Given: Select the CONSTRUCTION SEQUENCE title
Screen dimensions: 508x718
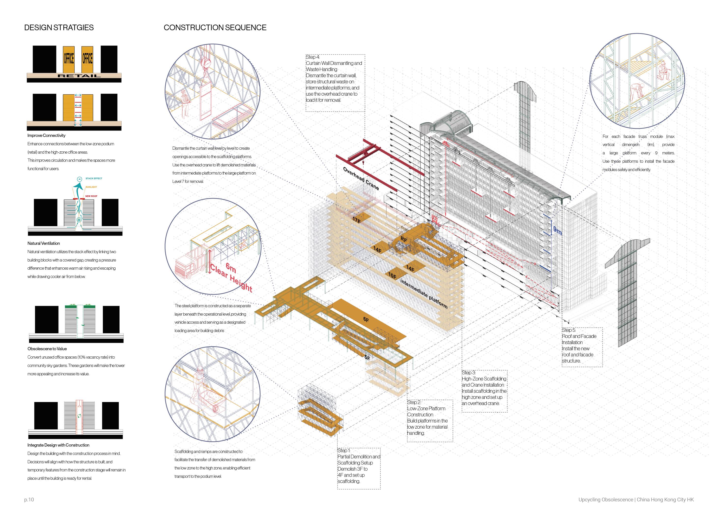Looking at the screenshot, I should pyautogui.click(x=215, y=28).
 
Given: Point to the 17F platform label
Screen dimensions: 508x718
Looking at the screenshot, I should pyautogui.click(x=356, y=220).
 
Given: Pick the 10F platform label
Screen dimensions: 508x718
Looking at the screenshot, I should pyautogui.click(x=392, y=276).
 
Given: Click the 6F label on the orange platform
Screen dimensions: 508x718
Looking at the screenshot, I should pyautogui.click(x=366, y=320).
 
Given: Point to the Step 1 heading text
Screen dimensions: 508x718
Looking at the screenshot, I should pyautogui.click(x=344, y=450).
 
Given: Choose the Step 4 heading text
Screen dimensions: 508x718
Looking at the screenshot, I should pyautogui.click(x=313, y=57).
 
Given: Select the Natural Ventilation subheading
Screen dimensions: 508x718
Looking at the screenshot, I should pyautogui.click(x=43, y=243).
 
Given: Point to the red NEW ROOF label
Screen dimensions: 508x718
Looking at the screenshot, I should pyautogui.click(x=91, y=196).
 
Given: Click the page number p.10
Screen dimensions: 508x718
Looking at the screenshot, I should pyautogui.click(x=29, y=500).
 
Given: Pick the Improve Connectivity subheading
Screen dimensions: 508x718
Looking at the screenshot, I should pyautogui.click(x=46, y=135).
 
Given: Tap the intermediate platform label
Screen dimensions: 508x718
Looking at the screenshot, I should pyautogui.click(x=423, y=294).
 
